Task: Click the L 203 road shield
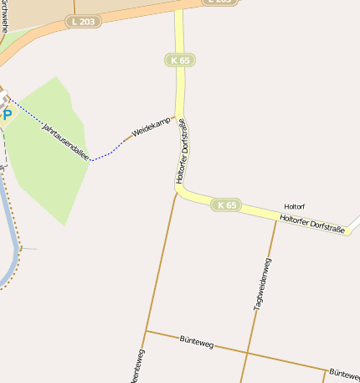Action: [x=84, y=21]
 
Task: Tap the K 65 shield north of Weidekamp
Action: [x=180, y=60]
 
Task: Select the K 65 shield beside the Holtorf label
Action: [x=226, y=204]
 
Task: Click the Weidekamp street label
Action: [x=152, y=127]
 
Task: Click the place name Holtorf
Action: [x=296, y=206]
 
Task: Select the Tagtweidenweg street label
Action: [x=262, y=284]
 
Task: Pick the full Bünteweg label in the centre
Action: [x=197, y=341]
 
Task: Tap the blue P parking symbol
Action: [x=7, y=115]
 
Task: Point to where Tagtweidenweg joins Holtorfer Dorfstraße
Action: [x=276, y=220]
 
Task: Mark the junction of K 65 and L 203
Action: [x=178, y=8]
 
